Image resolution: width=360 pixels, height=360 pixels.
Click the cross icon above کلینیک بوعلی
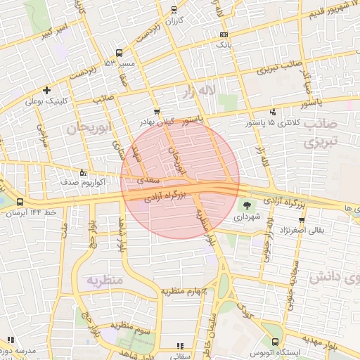[x=46, y=90]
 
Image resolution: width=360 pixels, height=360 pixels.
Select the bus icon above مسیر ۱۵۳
[x=119, y=53]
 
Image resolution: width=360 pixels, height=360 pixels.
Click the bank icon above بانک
[x=224, y=34]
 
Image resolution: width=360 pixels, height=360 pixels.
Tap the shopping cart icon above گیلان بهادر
[x=156, y=110]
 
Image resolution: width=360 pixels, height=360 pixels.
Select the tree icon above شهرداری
[x=247, y=205]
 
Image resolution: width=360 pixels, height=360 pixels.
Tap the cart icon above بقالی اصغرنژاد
[x=301, y=220]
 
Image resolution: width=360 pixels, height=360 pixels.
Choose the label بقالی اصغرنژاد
[x=302, y=230]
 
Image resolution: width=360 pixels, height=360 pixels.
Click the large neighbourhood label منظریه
[x=105, y=281]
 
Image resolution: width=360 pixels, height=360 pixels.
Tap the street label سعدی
[x=148, y=180]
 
